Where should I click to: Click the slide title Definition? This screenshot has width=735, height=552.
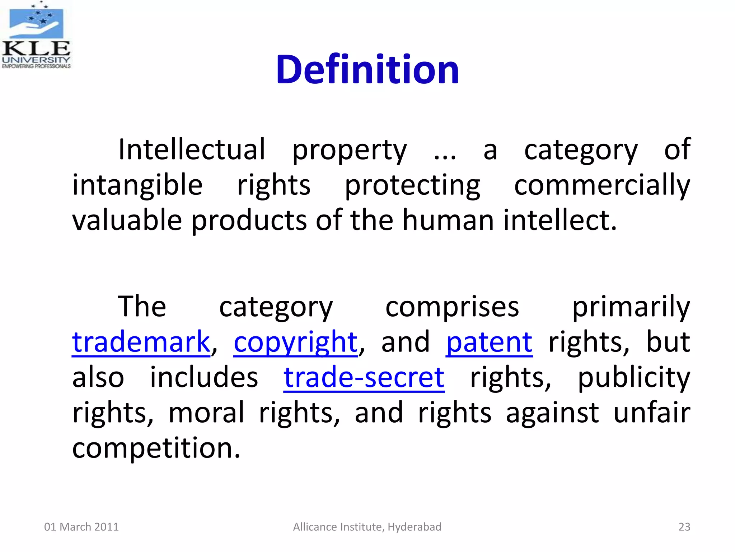(x=367, y=69)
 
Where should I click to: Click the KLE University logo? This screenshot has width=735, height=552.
(x=36, y=35)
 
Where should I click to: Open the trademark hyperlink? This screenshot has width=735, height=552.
(x=141, y=342)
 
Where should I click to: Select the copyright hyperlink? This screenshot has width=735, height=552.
(x=296, y=342)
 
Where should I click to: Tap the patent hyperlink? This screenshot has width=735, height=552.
(x=489, y=342)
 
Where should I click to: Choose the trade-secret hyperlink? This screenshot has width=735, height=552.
(x=364, y=377)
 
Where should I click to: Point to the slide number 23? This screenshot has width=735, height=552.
(x=684, y=527)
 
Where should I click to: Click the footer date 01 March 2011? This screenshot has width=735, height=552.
(x=81, y=527)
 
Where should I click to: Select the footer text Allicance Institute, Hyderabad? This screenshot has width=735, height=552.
(x=367, y=527)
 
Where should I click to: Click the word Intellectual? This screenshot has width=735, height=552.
(x=192, y=149)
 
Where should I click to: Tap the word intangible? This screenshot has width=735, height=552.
(x=137, y=185)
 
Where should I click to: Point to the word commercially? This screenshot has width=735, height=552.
(x=602, y=185)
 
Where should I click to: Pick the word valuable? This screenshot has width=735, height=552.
(x=127, y=220)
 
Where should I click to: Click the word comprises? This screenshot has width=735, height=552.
(x=452, y=307)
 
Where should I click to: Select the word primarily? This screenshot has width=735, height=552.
(x=631, y=307)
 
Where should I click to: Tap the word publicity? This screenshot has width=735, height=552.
(x=634, y=377)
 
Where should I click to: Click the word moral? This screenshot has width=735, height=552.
(x=206, y=413)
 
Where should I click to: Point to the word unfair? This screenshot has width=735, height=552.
(x=652, y=413)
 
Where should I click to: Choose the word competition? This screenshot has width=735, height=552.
(x=156, y=448)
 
